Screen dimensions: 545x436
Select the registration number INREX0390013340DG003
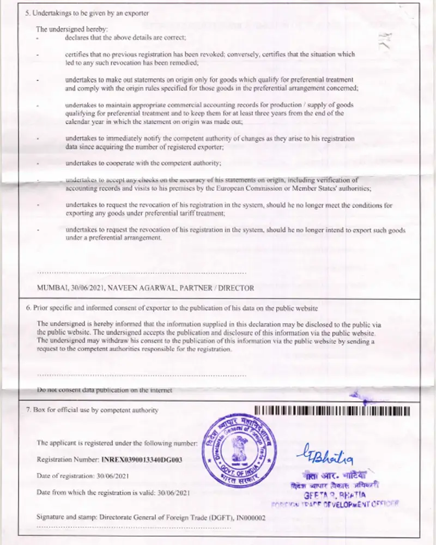click(x=142, y=460)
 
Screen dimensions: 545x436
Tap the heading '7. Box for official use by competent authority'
click(x=92, y=410)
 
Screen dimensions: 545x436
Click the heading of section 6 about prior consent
click(x=172, y=308)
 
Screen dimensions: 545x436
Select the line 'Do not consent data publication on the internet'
click(x=104, y=390)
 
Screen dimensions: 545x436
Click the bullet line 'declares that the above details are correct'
click(x=125, y=38)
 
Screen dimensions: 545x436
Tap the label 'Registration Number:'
click(x=68, y=460)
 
